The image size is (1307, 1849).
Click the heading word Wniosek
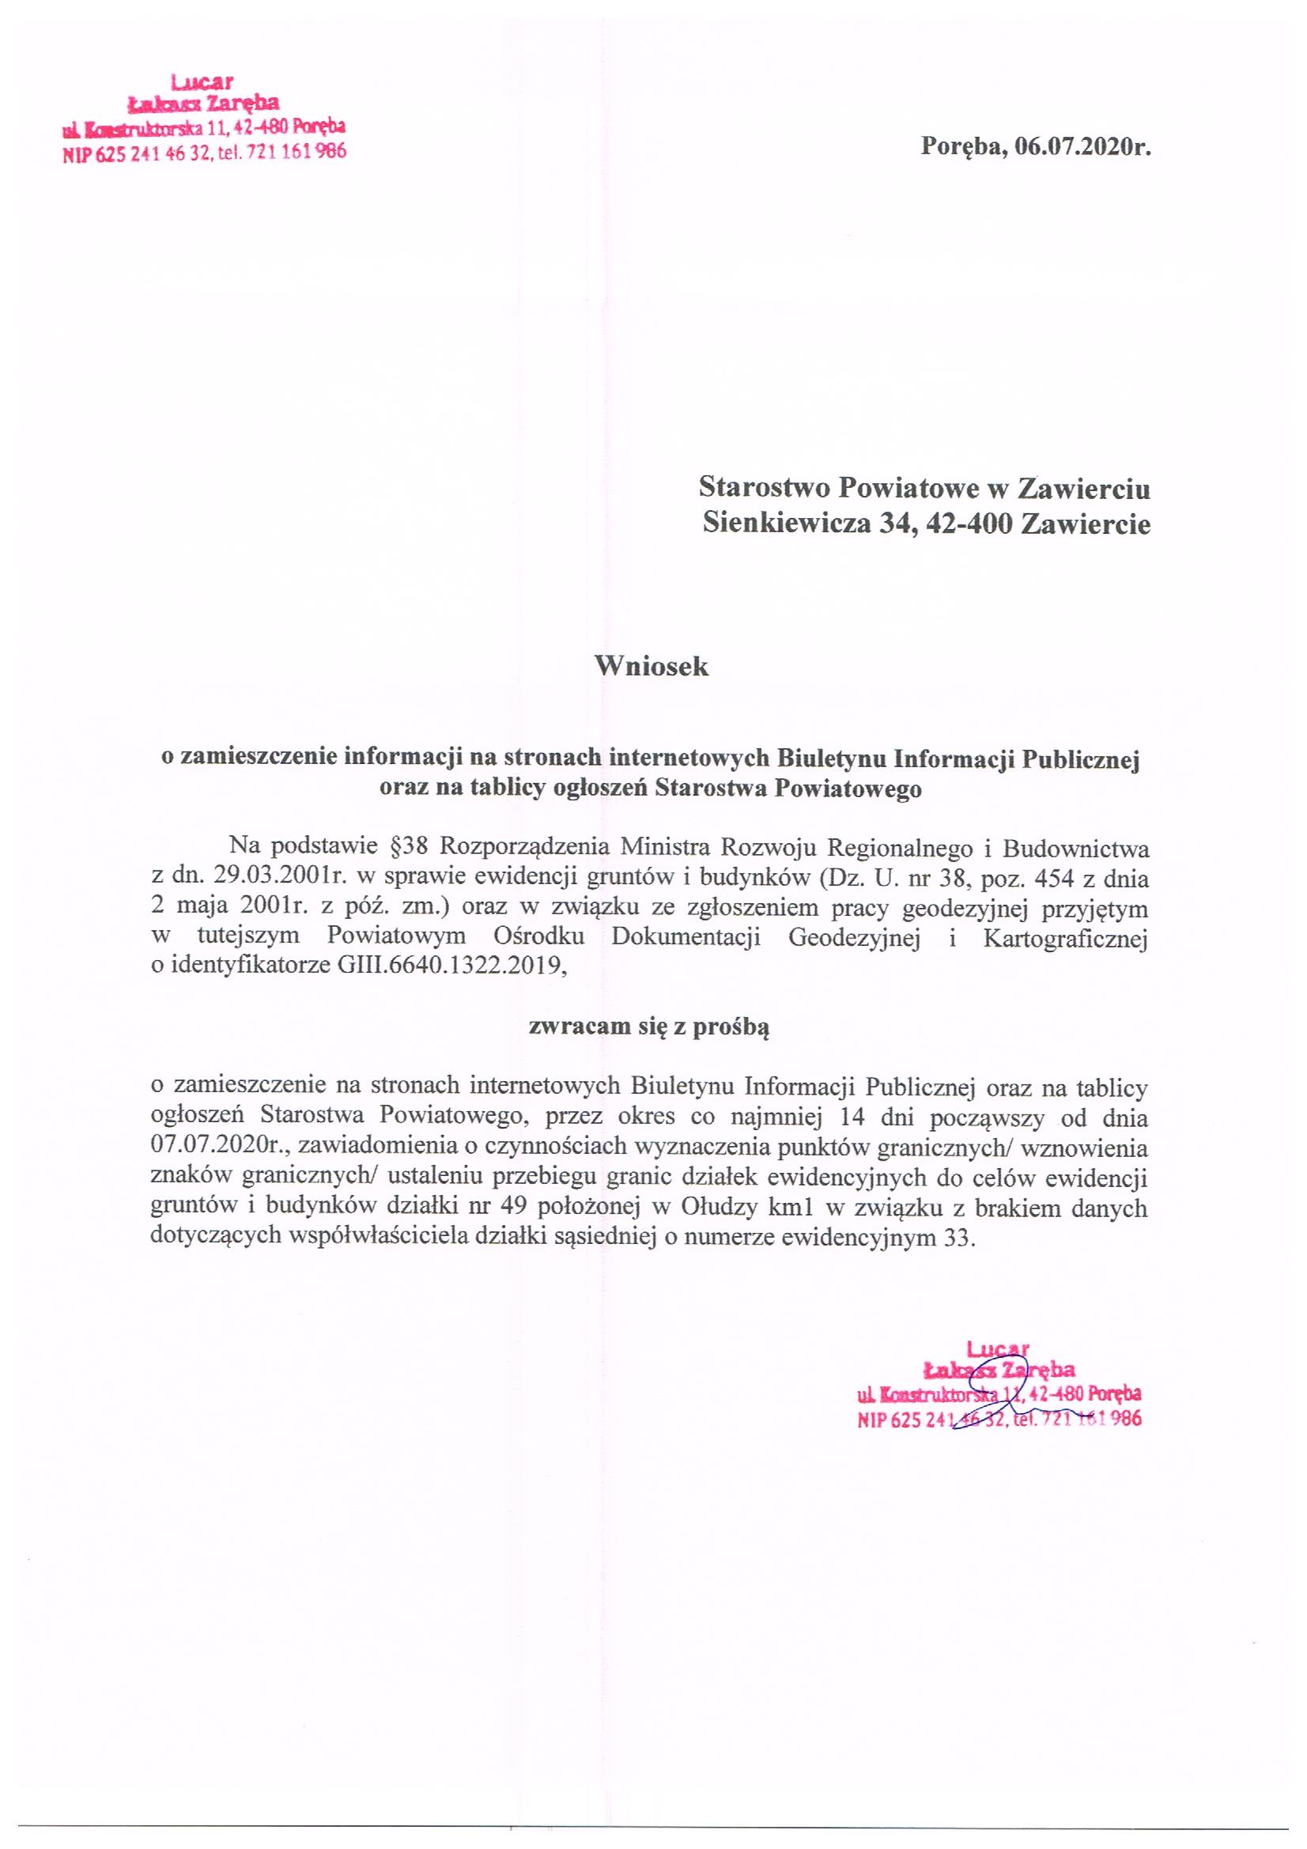click(652, 666)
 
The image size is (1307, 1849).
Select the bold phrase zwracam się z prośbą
click(649, 1027)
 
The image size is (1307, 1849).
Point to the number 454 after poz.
click(1040, 878)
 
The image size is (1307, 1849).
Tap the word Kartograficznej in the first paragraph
click(1064, 938)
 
